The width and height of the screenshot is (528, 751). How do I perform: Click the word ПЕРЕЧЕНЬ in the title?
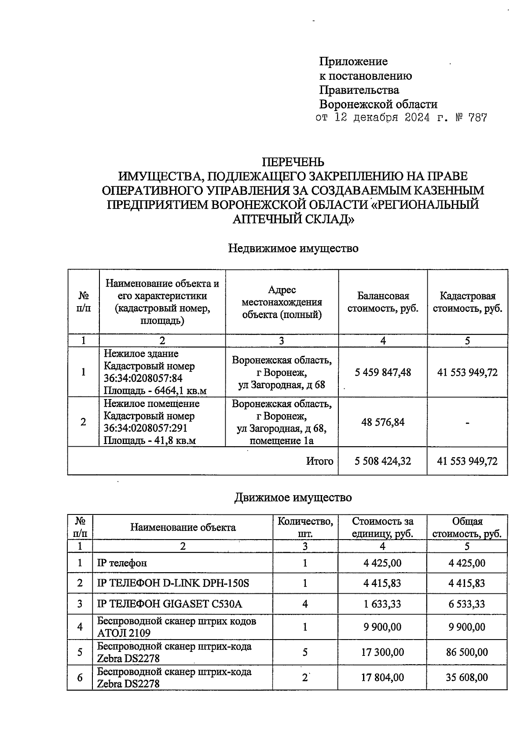click(x=293, y=162)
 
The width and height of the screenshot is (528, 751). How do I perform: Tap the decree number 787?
click(x=477, y=118)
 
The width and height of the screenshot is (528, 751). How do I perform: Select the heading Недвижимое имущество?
click(x=293, y=248)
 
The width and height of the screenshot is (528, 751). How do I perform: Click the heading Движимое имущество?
click(x=293, y=498)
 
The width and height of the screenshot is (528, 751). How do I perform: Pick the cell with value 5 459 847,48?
click(x=383, y=373)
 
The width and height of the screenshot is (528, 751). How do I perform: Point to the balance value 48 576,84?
click(x=383, y=422)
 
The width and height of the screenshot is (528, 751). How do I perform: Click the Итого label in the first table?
click(x=320, y=461)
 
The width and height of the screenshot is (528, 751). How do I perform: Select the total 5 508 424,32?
click(x=383, y=461)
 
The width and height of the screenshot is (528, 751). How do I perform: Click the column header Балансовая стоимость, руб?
click(x=383, y=302)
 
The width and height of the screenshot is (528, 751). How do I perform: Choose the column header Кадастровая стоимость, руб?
click(x=467, y=302)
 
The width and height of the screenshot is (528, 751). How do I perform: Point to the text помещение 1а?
click(x=282, y=440)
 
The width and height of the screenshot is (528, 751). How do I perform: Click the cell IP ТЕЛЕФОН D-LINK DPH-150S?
click(x=173, y=583)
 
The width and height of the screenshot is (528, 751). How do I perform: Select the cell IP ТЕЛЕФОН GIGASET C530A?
click(x=169, y=604)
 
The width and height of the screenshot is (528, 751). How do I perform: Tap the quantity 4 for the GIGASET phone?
click(x=305, y=604)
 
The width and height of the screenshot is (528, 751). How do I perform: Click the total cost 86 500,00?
click(x=467, y=652)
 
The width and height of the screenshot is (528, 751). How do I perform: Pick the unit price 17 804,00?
click(x=382, y=677)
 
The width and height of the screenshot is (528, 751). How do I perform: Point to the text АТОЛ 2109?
click(x=124, y=633)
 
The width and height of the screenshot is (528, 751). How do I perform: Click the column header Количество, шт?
click(x=305, y=527)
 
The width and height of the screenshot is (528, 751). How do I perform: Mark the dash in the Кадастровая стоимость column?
click(x=467, y=423)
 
